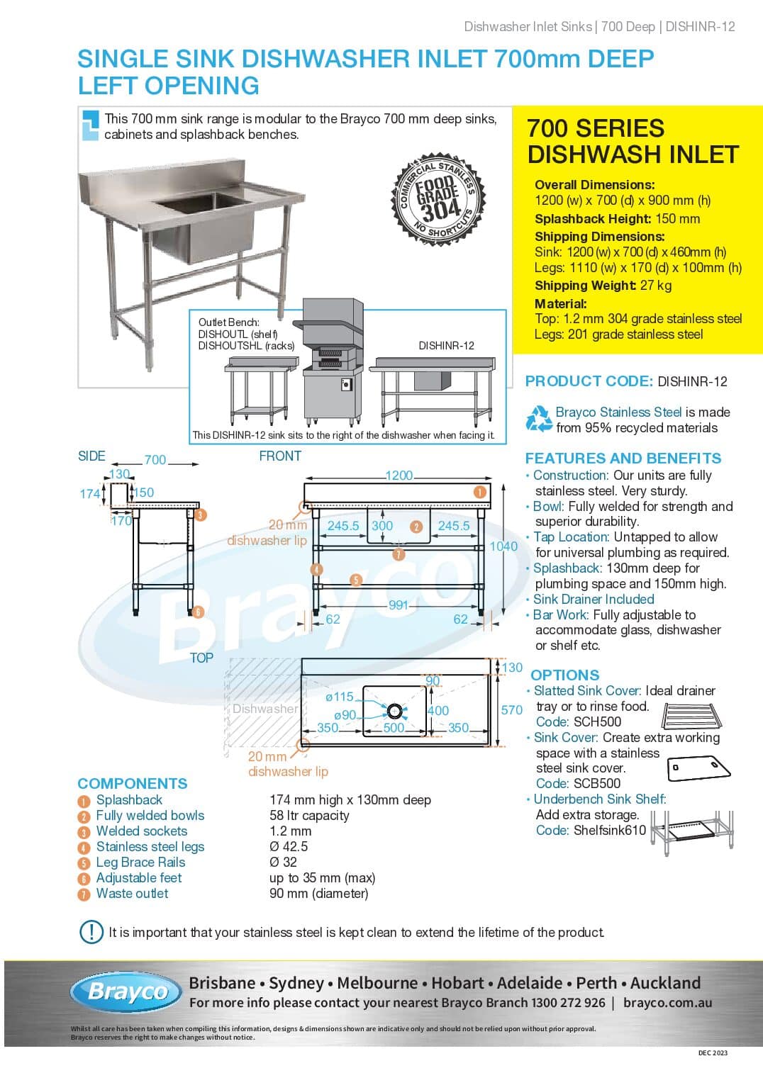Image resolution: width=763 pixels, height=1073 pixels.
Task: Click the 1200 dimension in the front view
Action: [399, 476]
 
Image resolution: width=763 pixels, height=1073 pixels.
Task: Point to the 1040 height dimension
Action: [503, 546]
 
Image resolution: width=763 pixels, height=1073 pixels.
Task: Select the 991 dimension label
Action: [398, 605]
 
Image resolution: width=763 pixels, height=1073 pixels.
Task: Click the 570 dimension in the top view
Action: [511, 709]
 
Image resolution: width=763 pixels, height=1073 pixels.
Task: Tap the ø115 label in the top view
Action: [339, 697]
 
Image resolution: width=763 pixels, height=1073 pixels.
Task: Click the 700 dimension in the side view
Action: [155, 460]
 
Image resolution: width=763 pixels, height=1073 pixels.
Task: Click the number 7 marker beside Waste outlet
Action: [84, 894]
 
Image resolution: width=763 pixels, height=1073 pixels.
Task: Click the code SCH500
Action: [597, 721]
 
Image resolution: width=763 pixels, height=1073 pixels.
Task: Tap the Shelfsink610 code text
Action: [609, 830]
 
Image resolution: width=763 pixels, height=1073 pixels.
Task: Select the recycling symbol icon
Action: [538, 419]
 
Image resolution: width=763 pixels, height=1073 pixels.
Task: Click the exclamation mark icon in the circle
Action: [91, 931]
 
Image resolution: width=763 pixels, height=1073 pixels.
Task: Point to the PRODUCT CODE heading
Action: [589, 381]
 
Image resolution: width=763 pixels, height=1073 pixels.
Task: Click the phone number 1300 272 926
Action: [568, 1003]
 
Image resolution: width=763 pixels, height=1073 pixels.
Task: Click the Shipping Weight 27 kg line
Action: [603, 286]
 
